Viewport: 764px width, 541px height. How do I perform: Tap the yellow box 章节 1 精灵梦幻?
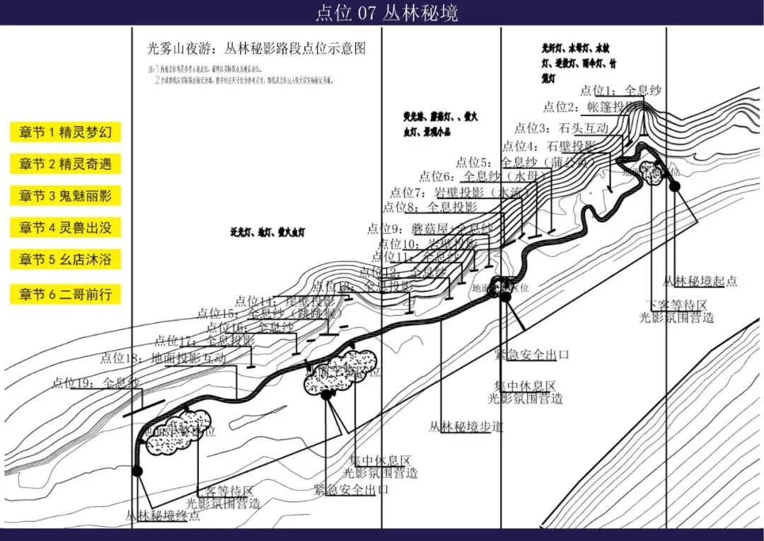65,132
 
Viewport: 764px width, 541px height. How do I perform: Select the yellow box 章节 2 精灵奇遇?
65,164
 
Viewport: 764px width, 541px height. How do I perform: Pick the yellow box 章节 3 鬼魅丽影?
65,196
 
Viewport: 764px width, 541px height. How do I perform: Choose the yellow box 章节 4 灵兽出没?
65,228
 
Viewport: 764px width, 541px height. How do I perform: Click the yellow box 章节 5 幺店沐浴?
65,260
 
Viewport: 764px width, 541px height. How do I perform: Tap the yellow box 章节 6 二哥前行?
65,294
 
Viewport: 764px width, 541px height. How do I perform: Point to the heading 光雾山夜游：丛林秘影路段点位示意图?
256,49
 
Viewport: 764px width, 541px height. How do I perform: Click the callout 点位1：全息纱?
620,91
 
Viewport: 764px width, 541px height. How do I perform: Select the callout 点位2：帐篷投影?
589,107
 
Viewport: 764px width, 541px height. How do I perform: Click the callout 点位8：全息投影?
430,207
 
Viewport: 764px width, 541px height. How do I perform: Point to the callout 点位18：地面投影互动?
163,358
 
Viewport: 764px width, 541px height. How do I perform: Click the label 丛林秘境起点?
700,281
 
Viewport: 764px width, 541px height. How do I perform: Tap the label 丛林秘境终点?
163,516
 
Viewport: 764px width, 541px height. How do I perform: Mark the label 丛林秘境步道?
466,427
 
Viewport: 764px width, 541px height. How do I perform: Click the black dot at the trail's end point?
137,471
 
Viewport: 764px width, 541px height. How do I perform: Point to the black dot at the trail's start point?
675,186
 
